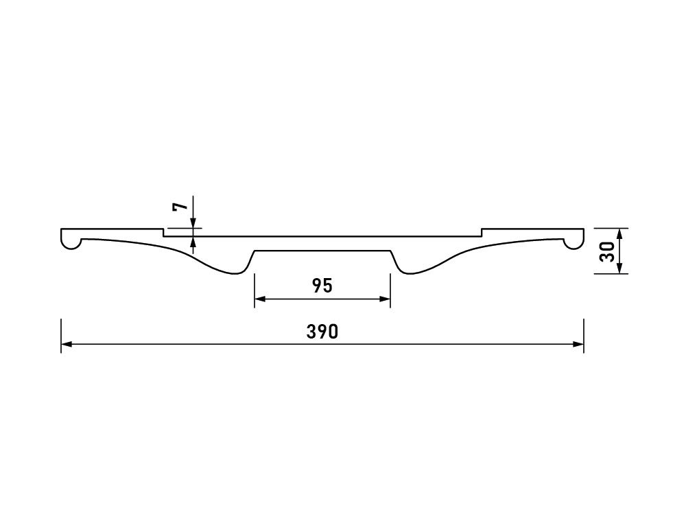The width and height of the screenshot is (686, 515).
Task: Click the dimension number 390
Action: point(322,332)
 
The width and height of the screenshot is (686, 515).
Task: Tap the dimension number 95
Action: point(322,286)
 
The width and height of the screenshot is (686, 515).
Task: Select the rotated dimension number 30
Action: point(607,251)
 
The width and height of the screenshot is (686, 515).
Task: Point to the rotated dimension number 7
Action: point(179,207)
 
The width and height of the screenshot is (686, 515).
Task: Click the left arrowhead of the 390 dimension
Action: point(67,344)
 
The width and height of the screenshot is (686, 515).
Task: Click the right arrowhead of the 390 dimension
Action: point(578,344)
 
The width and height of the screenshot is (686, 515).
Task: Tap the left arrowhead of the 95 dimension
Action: point(260,299)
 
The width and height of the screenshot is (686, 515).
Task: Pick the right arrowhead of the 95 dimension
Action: point(385,299)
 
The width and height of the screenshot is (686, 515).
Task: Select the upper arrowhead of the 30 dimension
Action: point(619,234)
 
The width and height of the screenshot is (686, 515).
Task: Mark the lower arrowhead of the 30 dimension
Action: point(619,268)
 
